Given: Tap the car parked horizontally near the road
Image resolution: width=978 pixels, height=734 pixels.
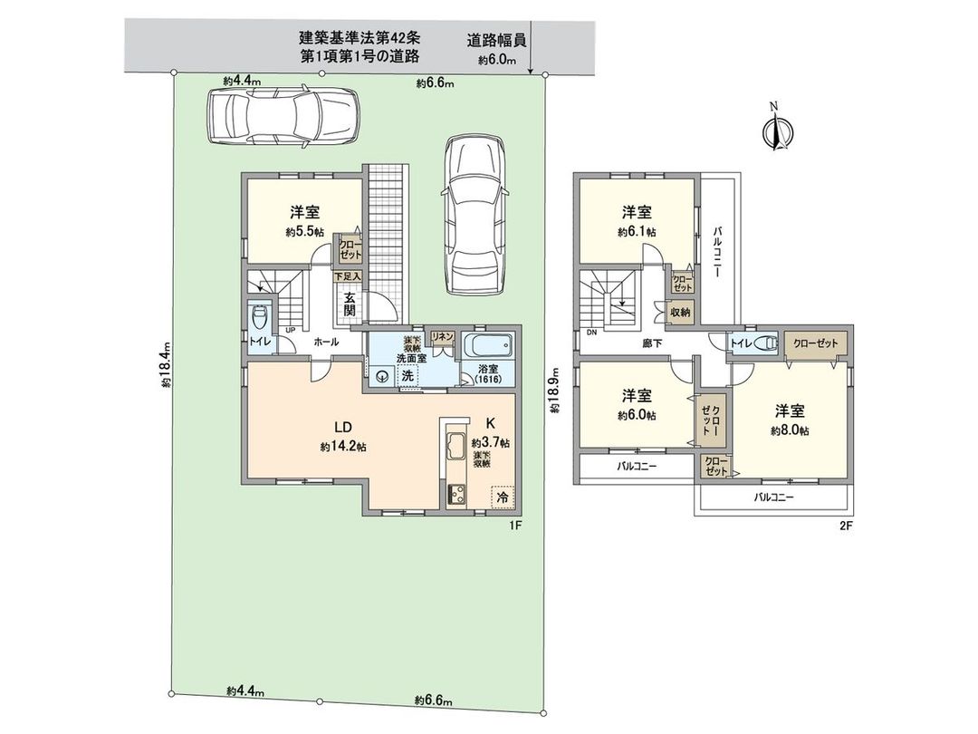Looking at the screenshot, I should pos(282,116).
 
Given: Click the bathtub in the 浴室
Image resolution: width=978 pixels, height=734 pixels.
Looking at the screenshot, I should pos(487,346).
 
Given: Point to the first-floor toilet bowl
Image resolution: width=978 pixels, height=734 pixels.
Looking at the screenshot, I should pos(260,318).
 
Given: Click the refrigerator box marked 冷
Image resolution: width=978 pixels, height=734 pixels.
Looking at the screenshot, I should pos(501,497).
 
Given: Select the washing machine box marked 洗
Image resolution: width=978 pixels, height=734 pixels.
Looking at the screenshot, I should pos(408,375).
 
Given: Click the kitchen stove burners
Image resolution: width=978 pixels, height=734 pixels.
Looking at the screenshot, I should pos(455,494).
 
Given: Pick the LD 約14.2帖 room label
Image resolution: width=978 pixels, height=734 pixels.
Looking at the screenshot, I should pos(341,436).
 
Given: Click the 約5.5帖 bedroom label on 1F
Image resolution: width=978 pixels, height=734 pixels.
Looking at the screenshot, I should pos(303,222).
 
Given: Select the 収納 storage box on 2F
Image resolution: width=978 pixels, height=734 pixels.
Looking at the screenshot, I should pos(680,312).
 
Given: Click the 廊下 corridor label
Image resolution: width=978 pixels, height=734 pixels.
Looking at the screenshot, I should pos(655,343).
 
